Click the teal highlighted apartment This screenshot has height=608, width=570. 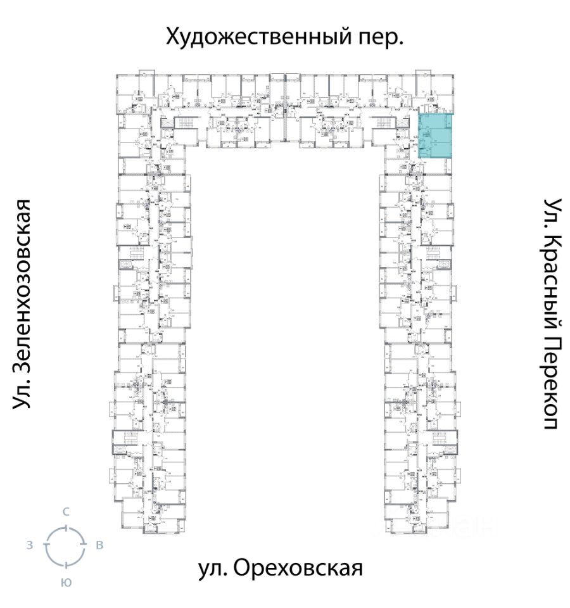(x=436, y=136)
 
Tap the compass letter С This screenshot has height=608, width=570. (x=65, y=512)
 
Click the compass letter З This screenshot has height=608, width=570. (x=30, y=545)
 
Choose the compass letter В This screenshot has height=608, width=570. (x=99, y=545)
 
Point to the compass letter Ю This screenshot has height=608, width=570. (x=65, y=581)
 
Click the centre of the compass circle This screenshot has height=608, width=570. (x=65, y=545)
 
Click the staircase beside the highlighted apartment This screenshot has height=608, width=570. (x=386, y=123)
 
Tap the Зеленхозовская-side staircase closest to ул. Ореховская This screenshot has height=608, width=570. (x=124, y=438)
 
